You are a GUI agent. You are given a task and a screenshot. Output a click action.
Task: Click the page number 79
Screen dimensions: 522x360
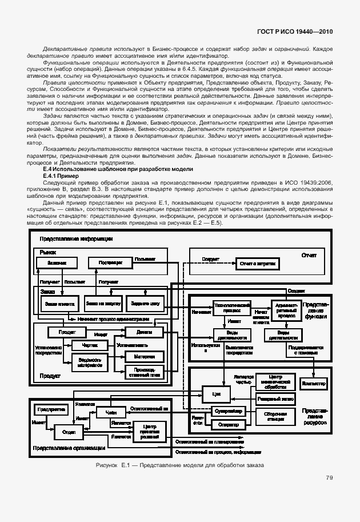click(329, 478)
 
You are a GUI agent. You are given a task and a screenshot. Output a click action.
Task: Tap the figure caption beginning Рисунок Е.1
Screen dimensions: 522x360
click(180, 465)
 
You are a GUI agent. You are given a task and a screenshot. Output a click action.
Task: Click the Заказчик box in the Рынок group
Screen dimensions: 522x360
click(52, 262)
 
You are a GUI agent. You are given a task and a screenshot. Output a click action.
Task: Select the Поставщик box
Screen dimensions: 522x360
click(107, 262)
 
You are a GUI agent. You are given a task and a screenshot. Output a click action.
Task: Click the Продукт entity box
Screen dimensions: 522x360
click(67, 332)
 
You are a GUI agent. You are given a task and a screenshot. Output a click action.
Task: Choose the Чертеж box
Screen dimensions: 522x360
click(90, 345)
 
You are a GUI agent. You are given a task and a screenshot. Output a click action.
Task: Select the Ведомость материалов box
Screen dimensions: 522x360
click(90, 361)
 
